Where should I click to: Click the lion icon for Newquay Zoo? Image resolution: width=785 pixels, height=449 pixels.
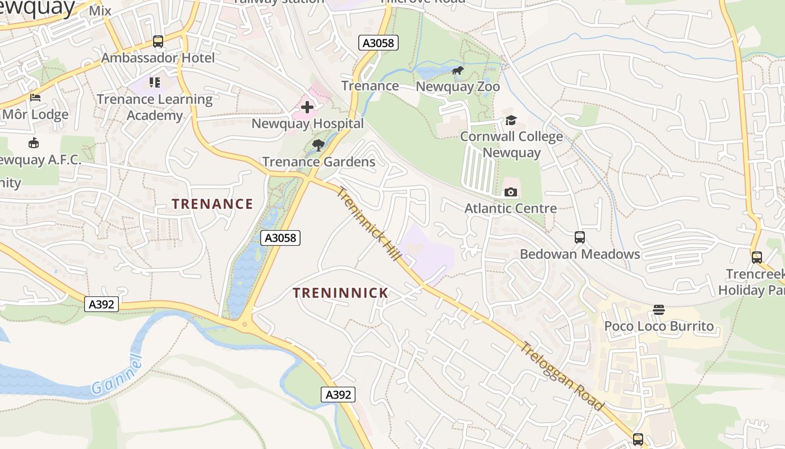point(458,71)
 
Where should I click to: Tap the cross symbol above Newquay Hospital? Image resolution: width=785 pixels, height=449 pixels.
point(307,107)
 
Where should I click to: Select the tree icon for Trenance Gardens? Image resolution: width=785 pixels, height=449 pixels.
point(318,145)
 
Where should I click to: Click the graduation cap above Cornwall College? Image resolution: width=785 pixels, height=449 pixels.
point(511,120)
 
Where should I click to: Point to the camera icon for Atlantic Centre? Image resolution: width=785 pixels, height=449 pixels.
point(510,193)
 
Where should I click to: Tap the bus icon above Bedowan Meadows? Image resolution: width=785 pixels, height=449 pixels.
point(580,237)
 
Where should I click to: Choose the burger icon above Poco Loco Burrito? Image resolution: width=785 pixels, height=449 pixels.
point(658,310)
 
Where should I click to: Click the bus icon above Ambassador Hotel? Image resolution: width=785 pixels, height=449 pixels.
point(158,42)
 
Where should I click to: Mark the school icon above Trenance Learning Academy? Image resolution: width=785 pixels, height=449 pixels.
point(155,83)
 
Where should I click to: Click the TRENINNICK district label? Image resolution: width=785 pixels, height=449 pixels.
point(341,293)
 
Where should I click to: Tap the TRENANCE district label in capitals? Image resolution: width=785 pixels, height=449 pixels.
point(213,204)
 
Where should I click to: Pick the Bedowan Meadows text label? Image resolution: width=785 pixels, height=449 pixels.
point(580,254)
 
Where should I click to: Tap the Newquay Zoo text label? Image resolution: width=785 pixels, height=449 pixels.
point(458,87)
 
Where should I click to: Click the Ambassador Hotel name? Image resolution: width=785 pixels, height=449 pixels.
point(158,58)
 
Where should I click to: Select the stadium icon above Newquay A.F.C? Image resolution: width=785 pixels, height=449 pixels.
point(34,143)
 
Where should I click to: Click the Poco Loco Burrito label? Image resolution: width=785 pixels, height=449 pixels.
point(659,326)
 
